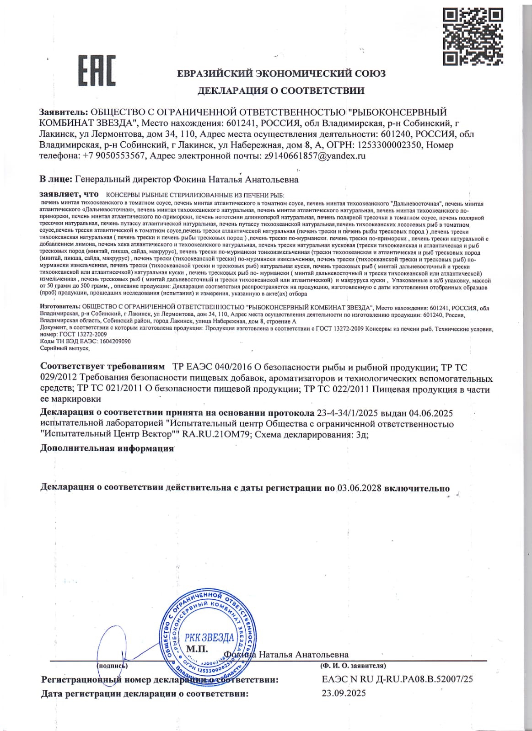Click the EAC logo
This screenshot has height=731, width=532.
click(97, 70)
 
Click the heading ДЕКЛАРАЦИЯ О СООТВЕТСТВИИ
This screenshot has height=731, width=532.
click(281, 91)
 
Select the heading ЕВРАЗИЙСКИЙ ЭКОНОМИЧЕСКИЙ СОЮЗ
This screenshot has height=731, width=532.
click(281, 74)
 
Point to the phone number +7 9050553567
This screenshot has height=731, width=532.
click(114, 155)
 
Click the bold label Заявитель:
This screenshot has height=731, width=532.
click(64, 112)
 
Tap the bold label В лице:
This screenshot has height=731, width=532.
click(56, 179)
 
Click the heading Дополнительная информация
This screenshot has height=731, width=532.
click(107, 448)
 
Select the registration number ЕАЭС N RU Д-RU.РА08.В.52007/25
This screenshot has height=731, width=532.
click(397, 679)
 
